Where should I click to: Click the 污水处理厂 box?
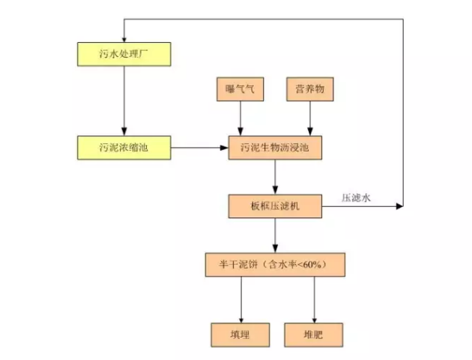click(125, 54)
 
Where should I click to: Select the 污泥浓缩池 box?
click(125, 148)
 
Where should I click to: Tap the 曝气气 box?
click(240, 89)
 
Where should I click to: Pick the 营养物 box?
click(310, 89)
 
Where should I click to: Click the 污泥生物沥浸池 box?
click(275, 148)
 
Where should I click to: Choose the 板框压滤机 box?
click(275, 205)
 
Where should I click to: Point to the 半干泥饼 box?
click(275, 265)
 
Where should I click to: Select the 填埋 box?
click(240, 334)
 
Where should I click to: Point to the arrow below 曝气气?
click(240, 118)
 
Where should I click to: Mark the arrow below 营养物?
click(310, 118)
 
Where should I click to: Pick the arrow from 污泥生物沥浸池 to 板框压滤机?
click(275, 176)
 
